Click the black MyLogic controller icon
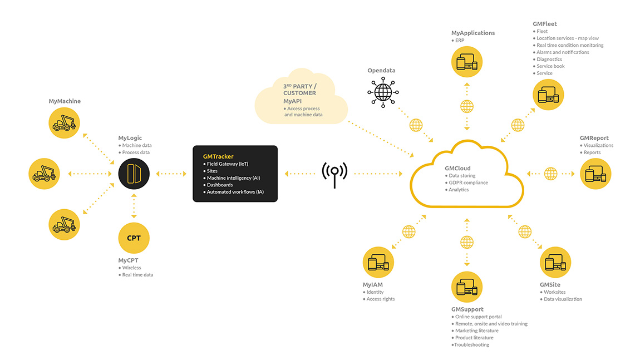tap(134, 174)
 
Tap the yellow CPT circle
tap(134, 238)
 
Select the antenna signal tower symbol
tap(334, 175)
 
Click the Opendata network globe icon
tap(383, 92)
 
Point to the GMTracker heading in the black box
tap(218, 156)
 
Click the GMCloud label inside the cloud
tap(457, 168)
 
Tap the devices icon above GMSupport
tap(467, 287)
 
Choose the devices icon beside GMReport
tap(595, 174)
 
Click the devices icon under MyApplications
tap(467, 62)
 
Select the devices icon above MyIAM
tap(378, 263)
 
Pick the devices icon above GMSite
tap(555, 263)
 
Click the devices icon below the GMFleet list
tap(548, 95)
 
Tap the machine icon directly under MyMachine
tap(64, 123)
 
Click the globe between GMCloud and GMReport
tap(550, 174)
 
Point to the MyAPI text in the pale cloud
tap(293, 101)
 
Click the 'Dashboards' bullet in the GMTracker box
tap(218, 185)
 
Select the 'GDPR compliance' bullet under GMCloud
tap(466, 183)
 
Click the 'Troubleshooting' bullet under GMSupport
tap(470, 345)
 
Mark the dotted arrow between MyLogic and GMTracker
tap(171, 174)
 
